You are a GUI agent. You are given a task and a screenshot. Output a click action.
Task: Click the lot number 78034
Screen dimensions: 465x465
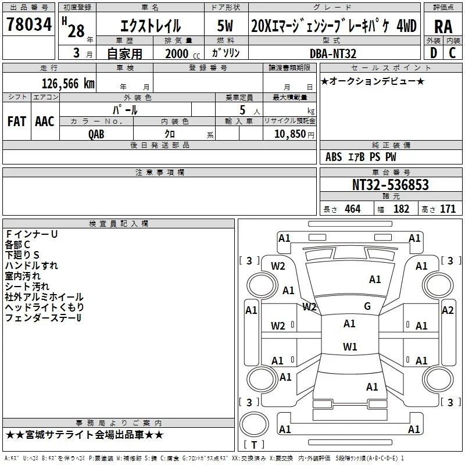(x=29, y=24)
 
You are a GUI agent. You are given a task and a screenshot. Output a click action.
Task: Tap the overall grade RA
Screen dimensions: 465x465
(x=443, y=27)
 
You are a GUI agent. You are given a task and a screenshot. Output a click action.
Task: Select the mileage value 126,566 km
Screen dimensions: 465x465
(x=68, y=84)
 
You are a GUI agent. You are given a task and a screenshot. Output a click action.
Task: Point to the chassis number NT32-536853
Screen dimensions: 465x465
(x=390, y=184)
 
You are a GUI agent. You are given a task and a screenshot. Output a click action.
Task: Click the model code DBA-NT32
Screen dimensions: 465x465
(x=332, y=53)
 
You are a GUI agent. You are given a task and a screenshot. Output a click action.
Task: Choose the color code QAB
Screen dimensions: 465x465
(x=96, y=134)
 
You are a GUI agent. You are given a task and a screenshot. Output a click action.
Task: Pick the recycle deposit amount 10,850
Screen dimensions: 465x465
(x=289, y=134)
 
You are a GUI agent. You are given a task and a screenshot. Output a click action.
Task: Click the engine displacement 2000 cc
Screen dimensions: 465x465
(x=183, y=53)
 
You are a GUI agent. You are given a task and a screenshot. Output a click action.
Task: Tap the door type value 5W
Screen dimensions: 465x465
(x=225, y=26)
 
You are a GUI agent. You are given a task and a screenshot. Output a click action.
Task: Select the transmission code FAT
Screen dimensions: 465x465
(x=17, y=121)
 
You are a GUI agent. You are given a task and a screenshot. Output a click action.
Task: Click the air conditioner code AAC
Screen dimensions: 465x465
(x=45, y=121)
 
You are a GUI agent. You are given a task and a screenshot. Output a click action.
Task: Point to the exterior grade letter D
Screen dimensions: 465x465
(x=433, y=53)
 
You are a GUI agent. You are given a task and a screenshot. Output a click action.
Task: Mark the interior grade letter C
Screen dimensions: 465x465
(x=452, y=53)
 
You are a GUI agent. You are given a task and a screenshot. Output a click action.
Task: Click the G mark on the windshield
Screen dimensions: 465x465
(x=367, y=306)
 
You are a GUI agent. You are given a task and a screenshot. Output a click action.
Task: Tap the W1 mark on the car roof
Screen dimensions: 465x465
(x=350, y=346)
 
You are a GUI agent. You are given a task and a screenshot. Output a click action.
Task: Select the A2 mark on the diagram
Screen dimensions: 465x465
(x=448, y=310)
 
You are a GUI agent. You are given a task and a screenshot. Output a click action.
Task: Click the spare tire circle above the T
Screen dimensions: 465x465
(x=254, y=424)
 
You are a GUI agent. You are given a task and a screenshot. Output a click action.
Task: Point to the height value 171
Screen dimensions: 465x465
(x=448, y=209)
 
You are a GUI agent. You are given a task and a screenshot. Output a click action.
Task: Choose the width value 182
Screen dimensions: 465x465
(x=401, y=209)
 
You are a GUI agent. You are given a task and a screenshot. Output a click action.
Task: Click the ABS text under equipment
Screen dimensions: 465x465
(x=334, y=157)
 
